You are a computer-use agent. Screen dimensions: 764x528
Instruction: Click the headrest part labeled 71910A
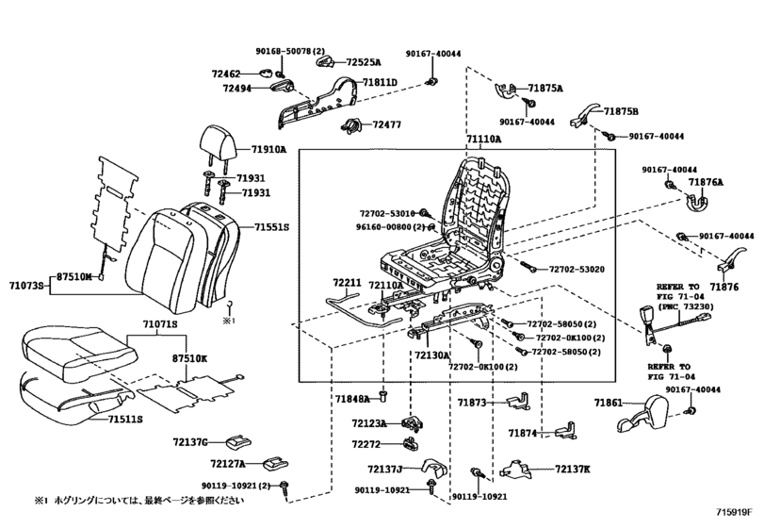click(x=219, y=141)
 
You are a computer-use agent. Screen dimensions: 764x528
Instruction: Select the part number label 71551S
click(x=271, y=227)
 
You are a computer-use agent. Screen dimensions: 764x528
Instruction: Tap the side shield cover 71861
click(x=639, y=414)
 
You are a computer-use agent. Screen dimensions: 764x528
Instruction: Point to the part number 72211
click(x=347, y=283)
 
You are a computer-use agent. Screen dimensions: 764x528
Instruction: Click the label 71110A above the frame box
click(x=483, y=140)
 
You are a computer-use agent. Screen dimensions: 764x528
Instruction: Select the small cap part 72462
click(x=266, y=74)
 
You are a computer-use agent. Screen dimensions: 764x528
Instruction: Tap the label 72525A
click(x=364, y=62)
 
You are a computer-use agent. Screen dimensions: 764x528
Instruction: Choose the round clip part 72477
click(x=352, y=125)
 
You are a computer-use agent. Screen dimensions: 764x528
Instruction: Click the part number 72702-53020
click(x=577, y=269)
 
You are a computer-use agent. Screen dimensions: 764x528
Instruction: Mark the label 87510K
click(x=189, y=358)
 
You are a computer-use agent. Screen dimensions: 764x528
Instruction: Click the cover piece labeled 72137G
click(x=238, y=441)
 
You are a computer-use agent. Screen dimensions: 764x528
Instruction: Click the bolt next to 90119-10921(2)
click(x=284, y=488)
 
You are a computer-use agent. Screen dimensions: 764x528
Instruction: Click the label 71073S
click(x=26, y=285)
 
